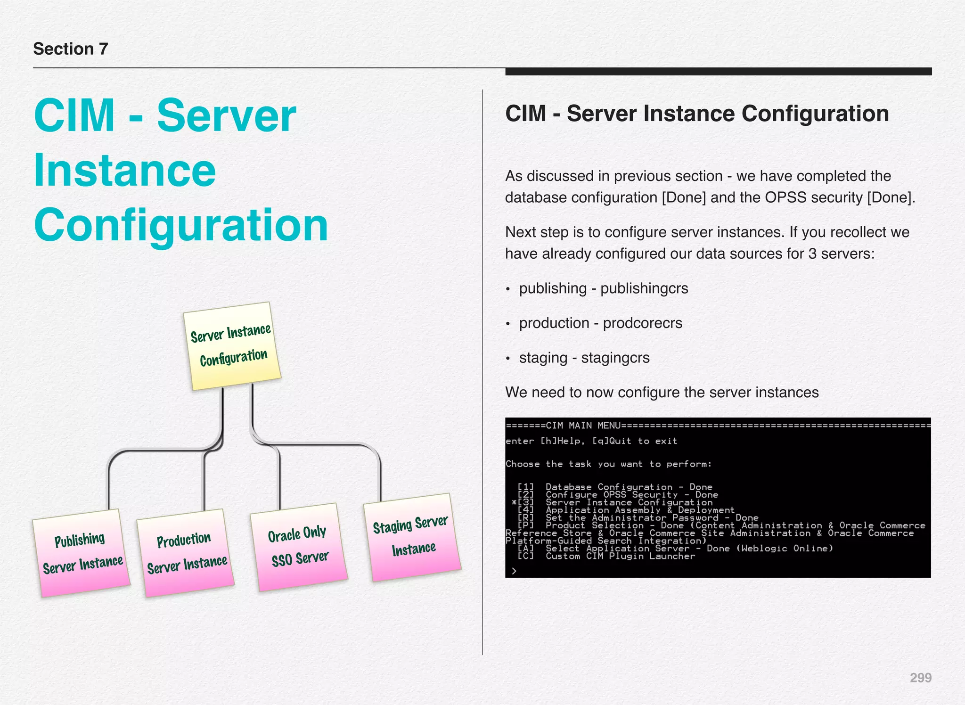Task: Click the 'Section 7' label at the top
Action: [71, 49]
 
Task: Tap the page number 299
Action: [920, 678]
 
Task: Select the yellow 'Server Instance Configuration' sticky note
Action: [232, 346]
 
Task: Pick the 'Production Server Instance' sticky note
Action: [186, 552]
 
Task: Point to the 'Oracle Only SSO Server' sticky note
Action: [299, 547]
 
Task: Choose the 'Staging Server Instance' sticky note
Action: [412, 537]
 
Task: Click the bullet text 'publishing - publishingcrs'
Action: [603, 288]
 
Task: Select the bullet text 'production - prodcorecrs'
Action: [600, 323]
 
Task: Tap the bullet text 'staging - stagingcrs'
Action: [584, 358]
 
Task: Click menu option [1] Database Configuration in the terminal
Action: [614, 487]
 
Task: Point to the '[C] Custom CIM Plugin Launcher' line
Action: [606, 556]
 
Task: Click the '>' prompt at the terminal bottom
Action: [514, 571]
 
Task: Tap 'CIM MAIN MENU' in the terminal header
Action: [583, 426]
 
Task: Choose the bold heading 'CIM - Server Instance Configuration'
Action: [697, 114]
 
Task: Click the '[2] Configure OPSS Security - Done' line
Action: [617, 495]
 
